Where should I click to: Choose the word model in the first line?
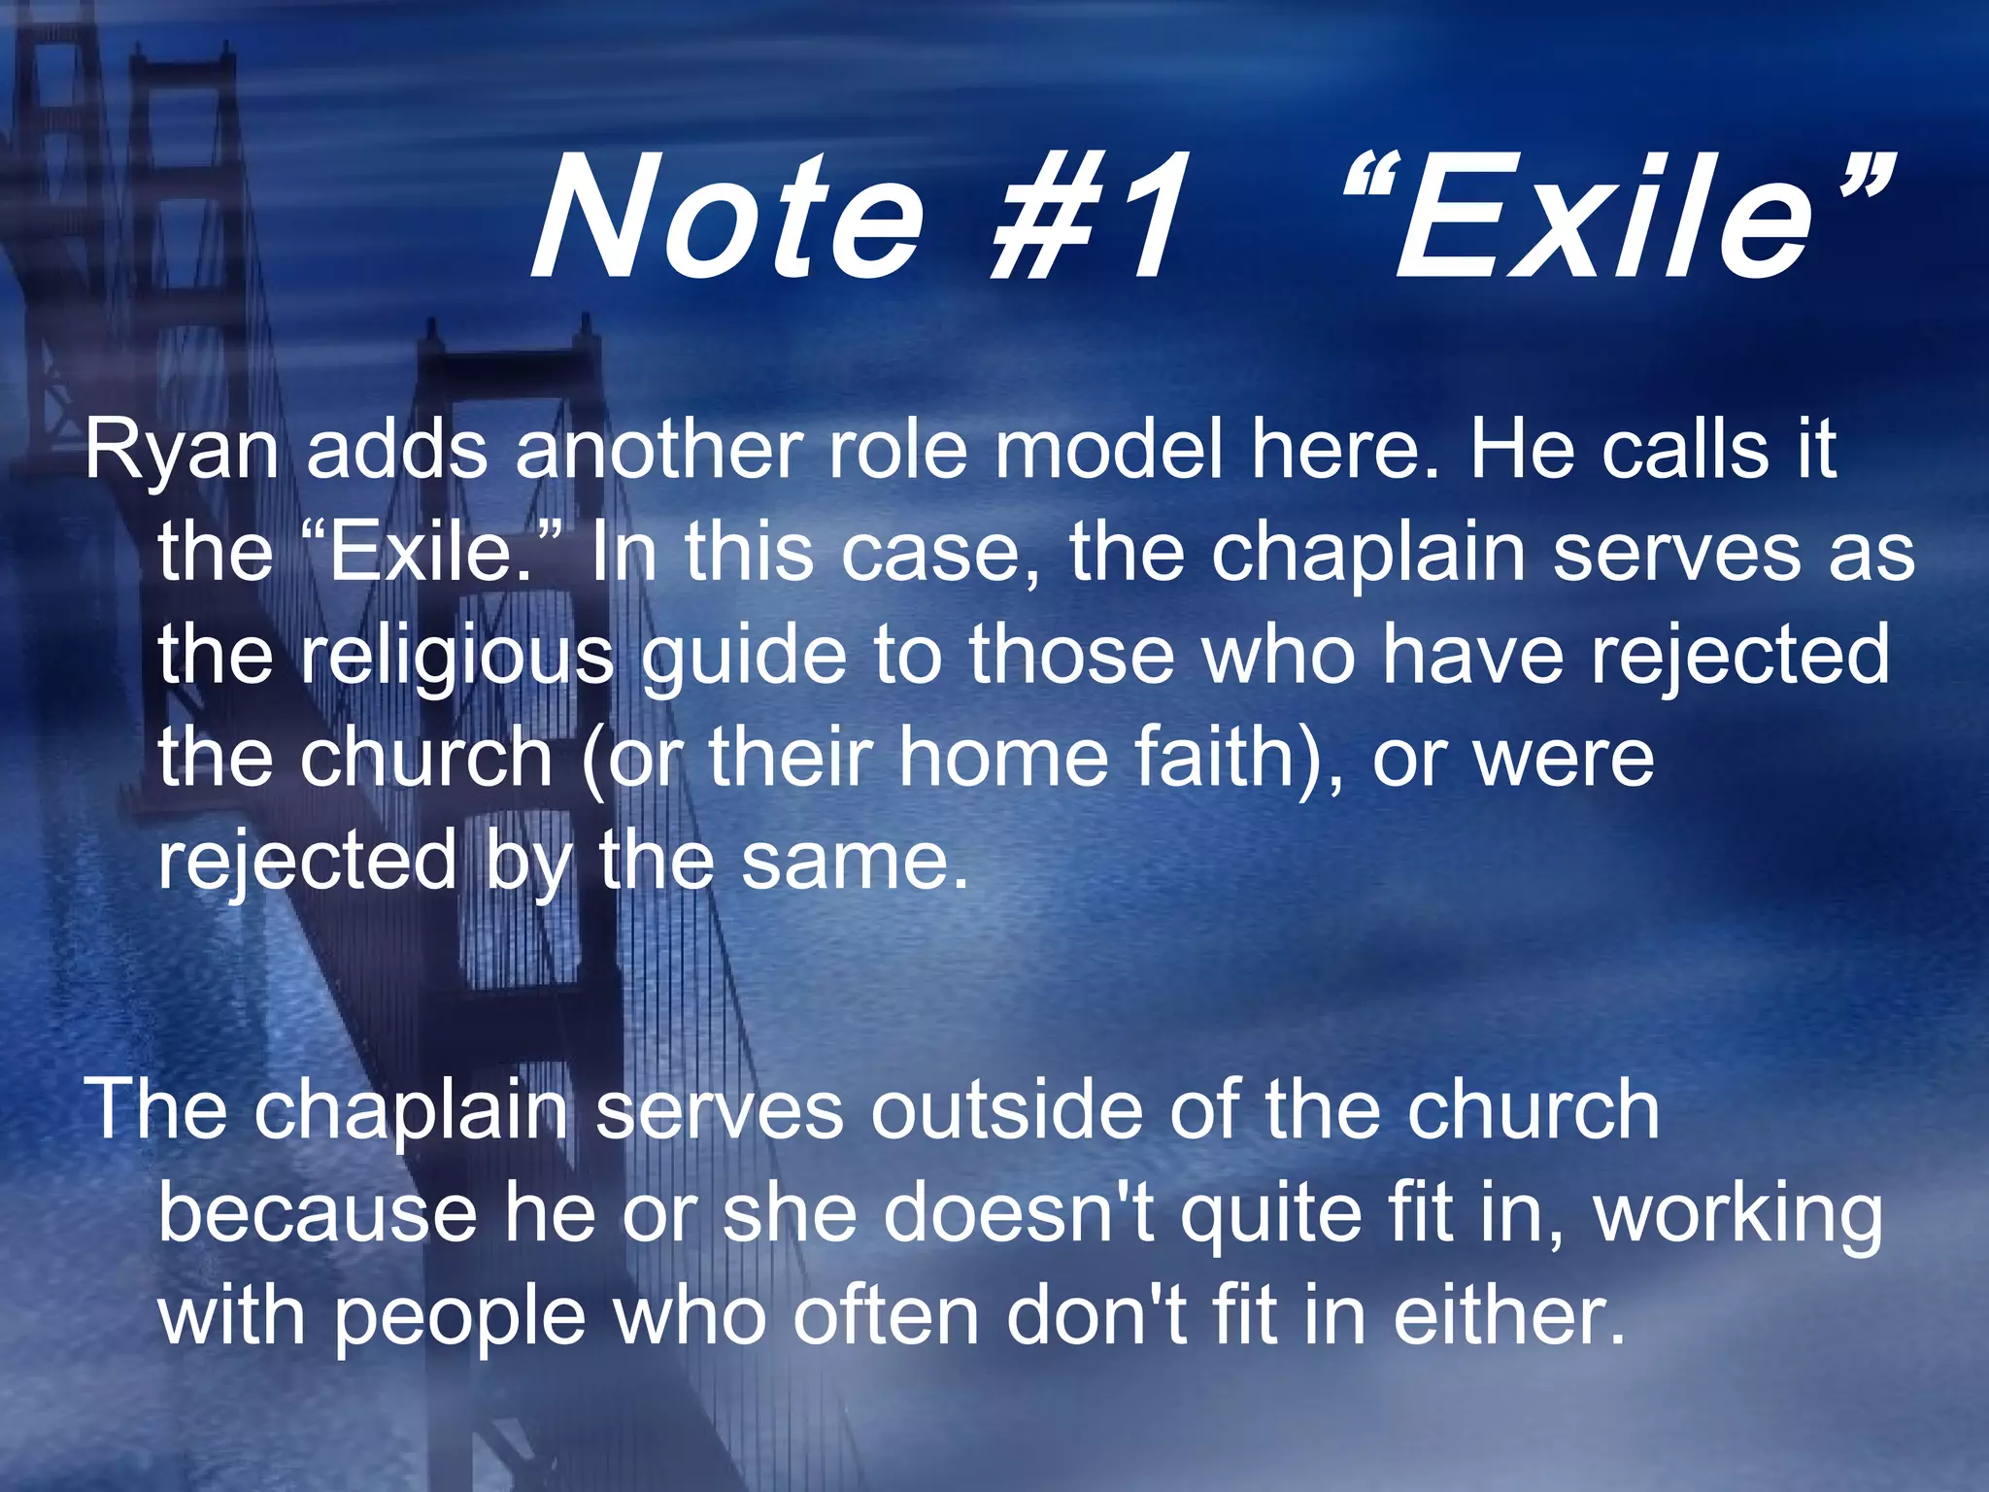[1107, 451]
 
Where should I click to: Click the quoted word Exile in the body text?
[431, 553]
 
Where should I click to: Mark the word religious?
[456, 657]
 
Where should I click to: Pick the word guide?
[743, 657]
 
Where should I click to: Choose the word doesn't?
[1019, 1213]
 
